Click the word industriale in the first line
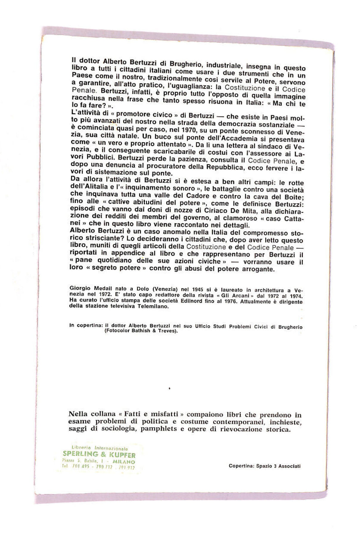(215, 66)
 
